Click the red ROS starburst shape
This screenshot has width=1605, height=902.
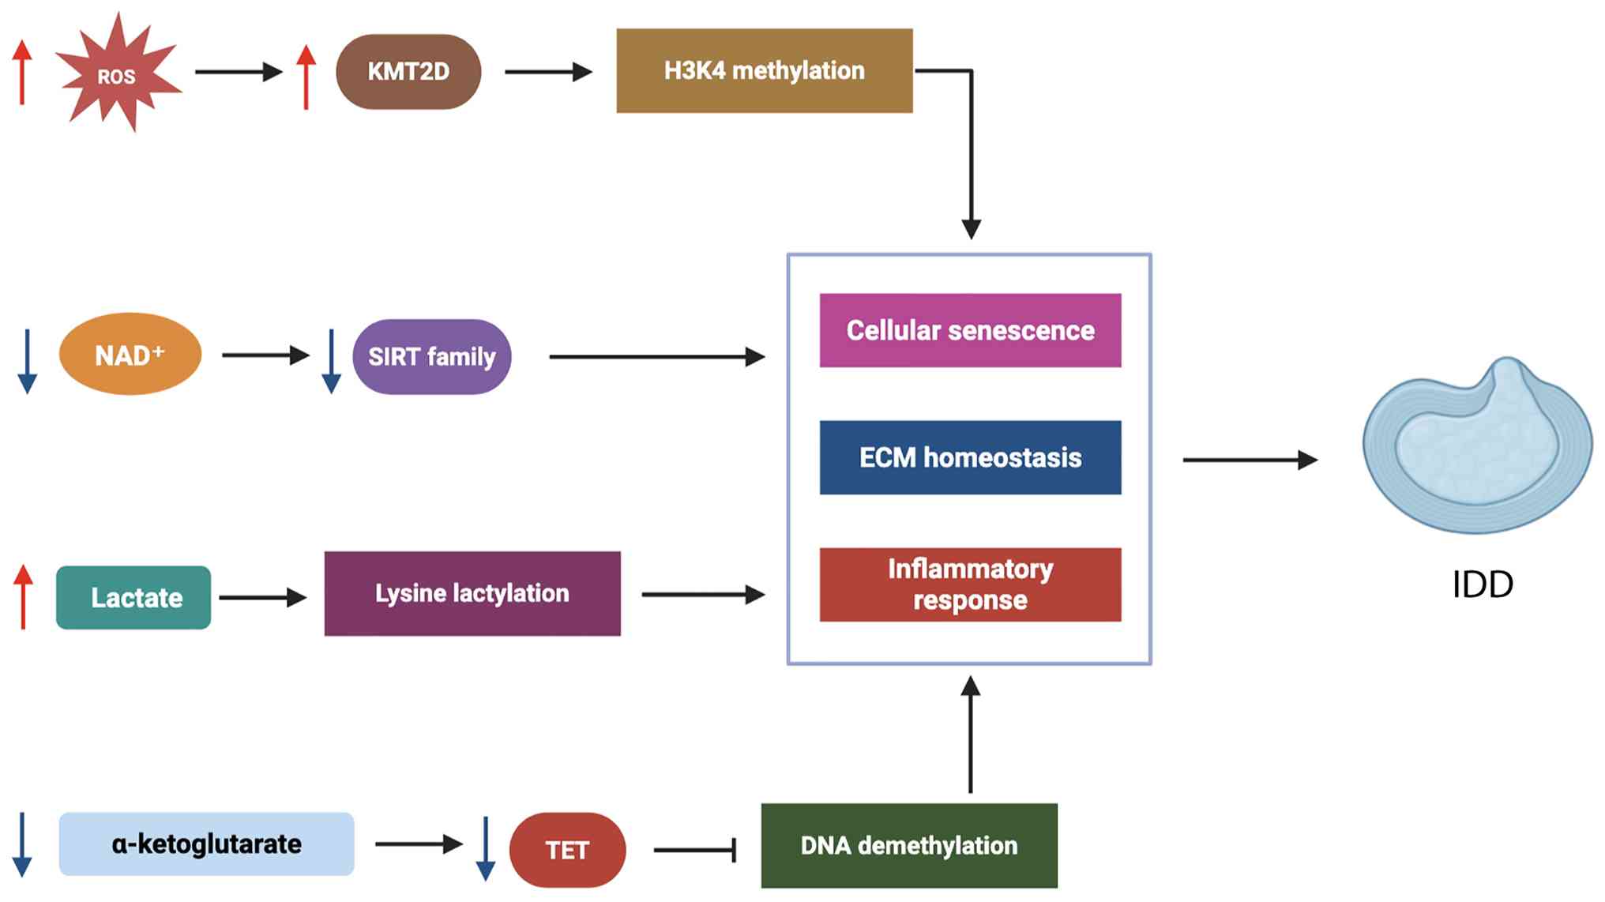(x=118, y=73)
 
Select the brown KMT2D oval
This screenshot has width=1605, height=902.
(x=408, y=72)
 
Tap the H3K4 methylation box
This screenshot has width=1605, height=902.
(x=764, y=71)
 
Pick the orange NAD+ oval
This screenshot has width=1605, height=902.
(x=130, y=355)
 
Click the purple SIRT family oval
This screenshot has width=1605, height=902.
(x=431, y=357)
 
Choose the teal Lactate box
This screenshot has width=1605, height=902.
(x=133, y=598)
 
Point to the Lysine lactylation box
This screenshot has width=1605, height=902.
(x=472, y=594)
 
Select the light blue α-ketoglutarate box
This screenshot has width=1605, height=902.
(x=206, y=844)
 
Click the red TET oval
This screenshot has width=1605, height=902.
(x=567, y=850)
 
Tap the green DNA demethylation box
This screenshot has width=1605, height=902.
(x=909, y=846)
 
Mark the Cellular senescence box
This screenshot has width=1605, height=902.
(x=970, y=330)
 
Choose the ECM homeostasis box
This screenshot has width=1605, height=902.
(x=970, y=457)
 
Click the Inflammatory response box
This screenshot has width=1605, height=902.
(x=970, y=584)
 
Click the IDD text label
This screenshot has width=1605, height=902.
(x=1483, y=585)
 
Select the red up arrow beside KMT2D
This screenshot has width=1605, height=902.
(x=306, y=77)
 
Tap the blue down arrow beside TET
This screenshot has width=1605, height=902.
(x=486, y=849)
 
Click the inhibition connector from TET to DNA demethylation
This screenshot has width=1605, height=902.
(x=695, y=851)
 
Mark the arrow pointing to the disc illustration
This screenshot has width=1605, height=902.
(x=1250, y=460)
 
